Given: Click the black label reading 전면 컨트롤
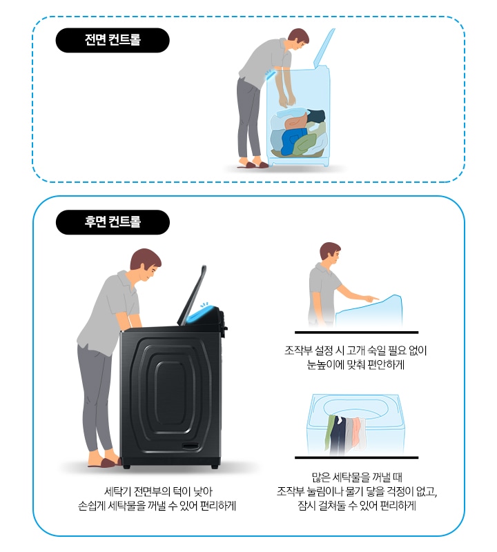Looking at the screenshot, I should (x=112, y=40).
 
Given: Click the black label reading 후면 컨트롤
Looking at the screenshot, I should (x=112, y=222).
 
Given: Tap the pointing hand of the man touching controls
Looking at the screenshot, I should (x=371, y=299).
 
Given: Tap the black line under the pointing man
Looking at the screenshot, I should (x=356, y=332).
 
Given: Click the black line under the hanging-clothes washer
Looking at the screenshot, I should (x=356, y=457).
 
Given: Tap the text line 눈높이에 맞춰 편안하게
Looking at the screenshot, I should (x=356, y=365).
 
